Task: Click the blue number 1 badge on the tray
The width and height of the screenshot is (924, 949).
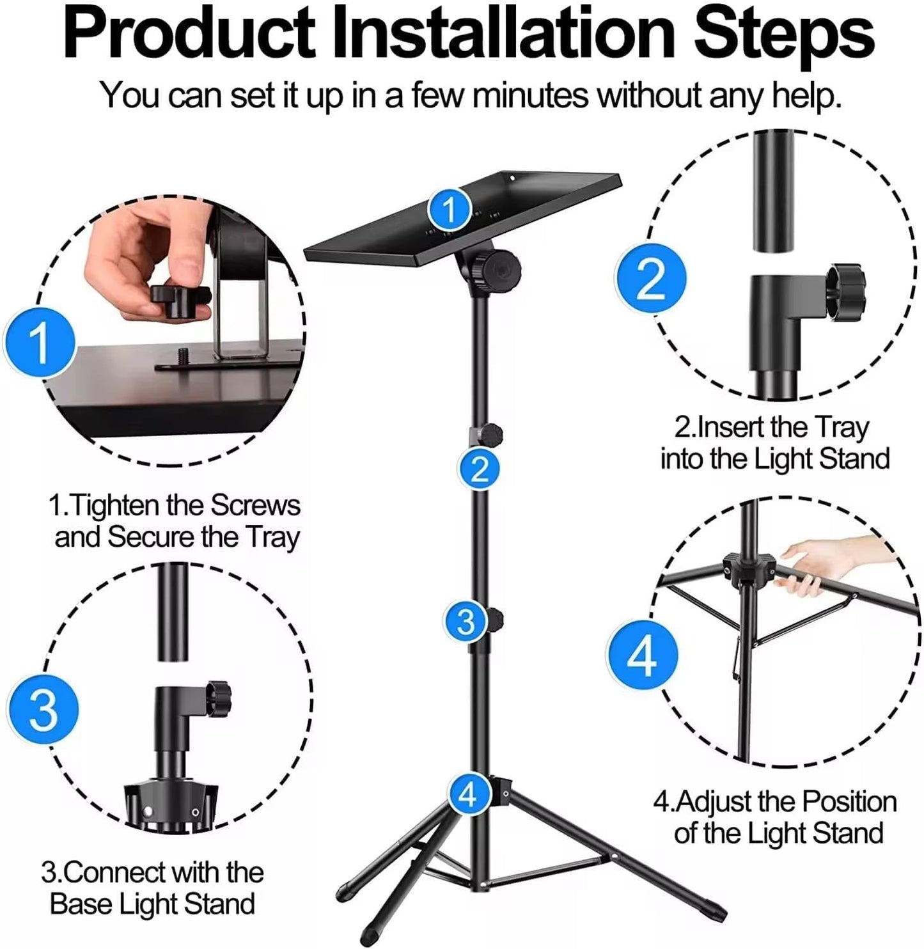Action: [x=450, y=208]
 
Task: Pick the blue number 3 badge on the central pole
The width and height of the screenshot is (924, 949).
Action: [x=466, y=621]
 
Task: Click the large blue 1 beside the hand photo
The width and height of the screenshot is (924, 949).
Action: [x=40, y=343]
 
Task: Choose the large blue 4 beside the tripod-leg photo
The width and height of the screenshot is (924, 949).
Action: [x=641, y=655]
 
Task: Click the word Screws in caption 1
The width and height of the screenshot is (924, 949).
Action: [x=255, y=506]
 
